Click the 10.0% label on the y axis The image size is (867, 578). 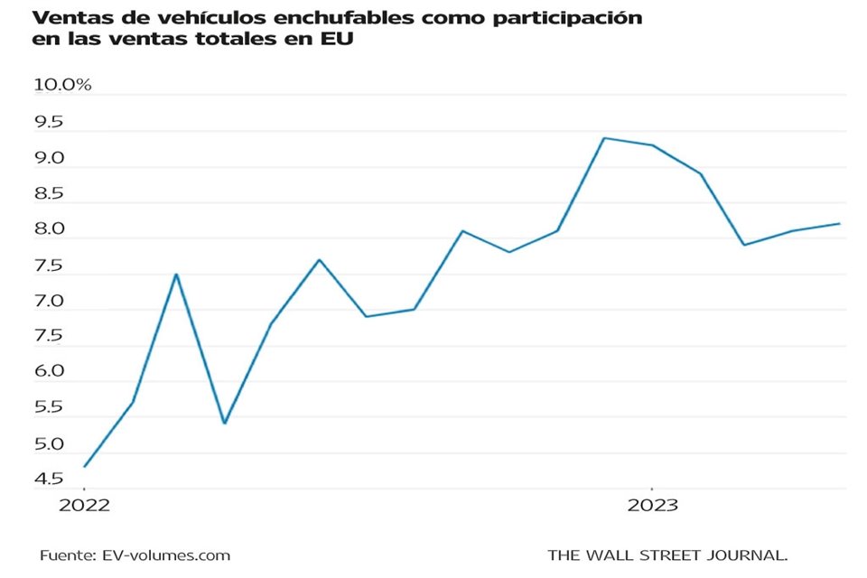coord(62,85)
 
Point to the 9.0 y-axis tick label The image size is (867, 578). coord(50,158)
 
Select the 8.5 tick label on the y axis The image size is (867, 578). coord(50,193)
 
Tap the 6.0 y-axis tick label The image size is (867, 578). coord(50,371)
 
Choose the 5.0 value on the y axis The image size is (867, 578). coord(50,444)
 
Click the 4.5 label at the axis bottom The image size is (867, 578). coord(50,479)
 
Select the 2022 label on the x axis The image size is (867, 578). coord(84,505)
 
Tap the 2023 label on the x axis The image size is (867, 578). coord(652,505)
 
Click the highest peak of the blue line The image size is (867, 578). coord(603,138)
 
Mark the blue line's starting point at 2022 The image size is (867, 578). coord(85,466)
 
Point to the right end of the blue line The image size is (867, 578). coord(840,224)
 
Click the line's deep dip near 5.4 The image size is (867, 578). coord(224,423)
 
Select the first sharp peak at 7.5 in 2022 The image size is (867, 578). coord(176,274)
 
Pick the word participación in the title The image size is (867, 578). coord(569,18)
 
